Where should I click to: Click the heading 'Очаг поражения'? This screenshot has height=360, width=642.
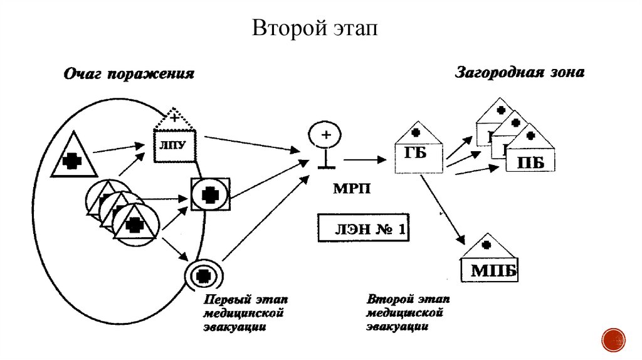128,74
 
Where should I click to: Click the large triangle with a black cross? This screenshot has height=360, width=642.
74,157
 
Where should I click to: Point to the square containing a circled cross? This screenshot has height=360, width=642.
210,194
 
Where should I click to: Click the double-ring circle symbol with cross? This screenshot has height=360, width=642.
203,275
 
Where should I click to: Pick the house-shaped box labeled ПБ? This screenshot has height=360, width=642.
530,157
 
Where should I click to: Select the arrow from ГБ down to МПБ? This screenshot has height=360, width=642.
443,210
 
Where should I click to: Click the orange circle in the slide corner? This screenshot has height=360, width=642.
614,339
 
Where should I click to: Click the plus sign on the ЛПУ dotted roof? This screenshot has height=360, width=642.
175,118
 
